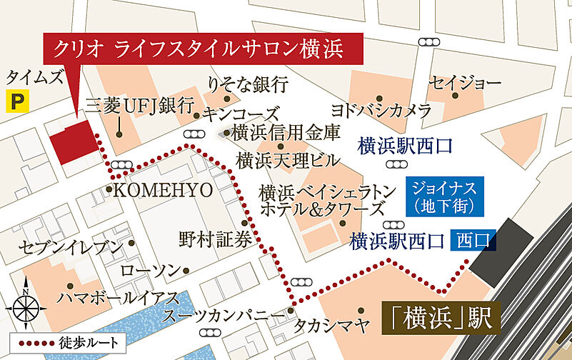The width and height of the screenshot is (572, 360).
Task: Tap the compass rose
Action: coord(26,306)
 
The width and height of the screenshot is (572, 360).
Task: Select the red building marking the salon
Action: coord(74,141)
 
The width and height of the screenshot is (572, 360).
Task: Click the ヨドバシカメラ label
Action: coord(381,110)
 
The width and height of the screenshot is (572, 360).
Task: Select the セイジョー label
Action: coord(465,84)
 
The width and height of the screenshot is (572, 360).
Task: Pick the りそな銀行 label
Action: coord(247,84)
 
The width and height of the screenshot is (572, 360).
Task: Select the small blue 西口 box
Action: coord(472,241)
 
